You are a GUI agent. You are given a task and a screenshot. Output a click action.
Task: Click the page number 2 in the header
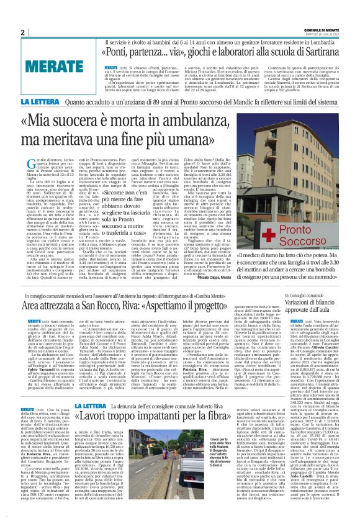(22, 32)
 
